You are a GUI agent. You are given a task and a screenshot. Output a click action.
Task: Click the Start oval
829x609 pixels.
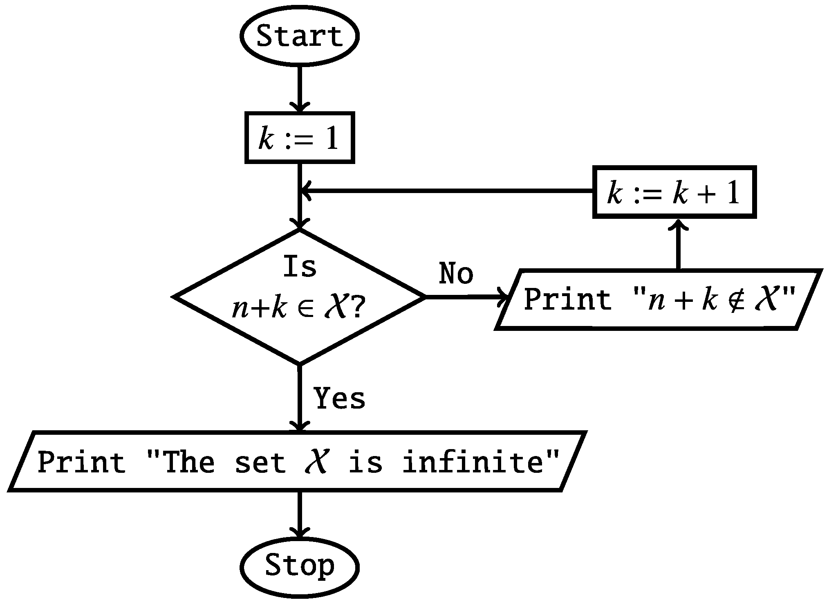click(299, 36)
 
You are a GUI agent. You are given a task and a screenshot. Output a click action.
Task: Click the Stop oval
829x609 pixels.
click(299, 566)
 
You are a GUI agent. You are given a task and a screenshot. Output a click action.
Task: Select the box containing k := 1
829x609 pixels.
click(299, 138)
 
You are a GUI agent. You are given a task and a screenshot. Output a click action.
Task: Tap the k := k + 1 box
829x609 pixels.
click(674, 192)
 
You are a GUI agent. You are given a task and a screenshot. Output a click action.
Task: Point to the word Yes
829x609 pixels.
click(339, 398)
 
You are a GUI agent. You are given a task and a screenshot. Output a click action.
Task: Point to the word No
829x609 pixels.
click(456, 273)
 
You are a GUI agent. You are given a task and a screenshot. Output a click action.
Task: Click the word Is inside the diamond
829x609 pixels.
click(300, 267)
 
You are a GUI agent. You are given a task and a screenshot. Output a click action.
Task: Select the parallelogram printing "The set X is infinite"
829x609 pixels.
click(297, 461)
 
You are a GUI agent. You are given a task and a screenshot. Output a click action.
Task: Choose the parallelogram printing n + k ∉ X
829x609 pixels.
click(658, 299)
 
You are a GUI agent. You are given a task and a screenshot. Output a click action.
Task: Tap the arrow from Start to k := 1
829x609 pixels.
click(300, 88)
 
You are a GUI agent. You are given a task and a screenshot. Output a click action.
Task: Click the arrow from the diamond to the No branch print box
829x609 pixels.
click(466, 297)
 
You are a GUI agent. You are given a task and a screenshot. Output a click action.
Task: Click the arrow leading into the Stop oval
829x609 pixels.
click(300, 515)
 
